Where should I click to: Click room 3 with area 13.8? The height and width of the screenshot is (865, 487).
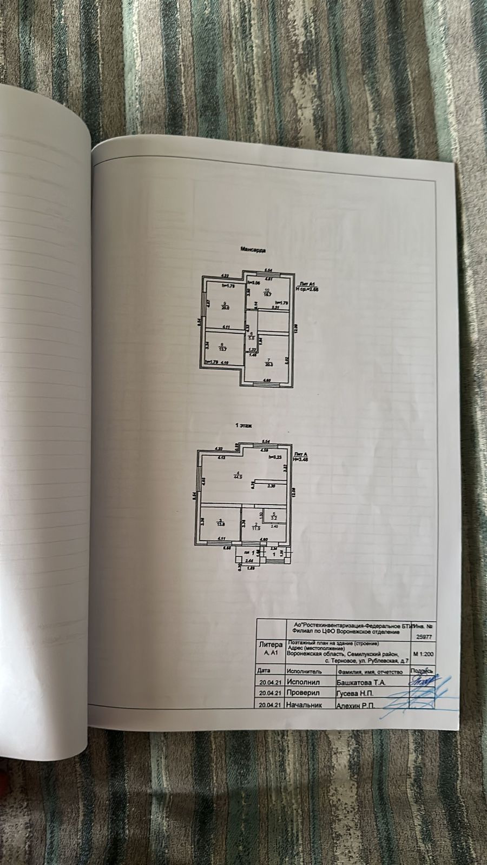click(x=220, y=523)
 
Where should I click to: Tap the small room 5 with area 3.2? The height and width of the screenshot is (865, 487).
click(x=274, y=517)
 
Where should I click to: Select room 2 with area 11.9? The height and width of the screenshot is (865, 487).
click(x=256, y=527)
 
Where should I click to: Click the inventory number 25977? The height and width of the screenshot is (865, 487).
click(x=423, y=637)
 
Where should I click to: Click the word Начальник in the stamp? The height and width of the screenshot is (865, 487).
click(x=306, y=705)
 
